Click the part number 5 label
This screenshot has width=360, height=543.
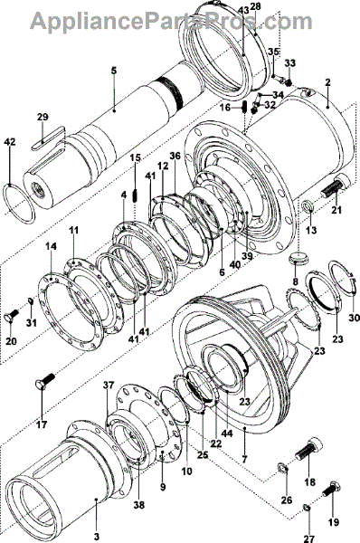click(x=114, y=71)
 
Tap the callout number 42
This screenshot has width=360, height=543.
click(x=10, y=142)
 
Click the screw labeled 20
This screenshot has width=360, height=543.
click(x=12, y=314)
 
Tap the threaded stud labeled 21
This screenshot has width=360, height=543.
click(x=335, y=186)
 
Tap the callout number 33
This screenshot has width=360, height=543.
click(x=290, y=63)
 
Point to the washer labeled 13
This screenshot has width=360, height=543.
click(x=308, y=205)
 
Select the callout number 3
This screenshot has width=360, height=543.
click(x=97, y=537)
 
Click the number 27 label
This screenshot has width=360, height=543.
click(x=308, y=538)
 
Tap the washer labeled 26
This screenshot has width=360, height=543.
click(x=284, y=469)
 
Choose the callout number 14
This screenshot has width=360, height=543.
click(x=51, y=246)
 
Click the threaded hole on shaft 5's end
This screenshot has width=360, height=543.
click(x=36, y=189)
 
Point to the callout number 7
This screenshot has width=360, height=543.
click(x=245, y=460)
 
